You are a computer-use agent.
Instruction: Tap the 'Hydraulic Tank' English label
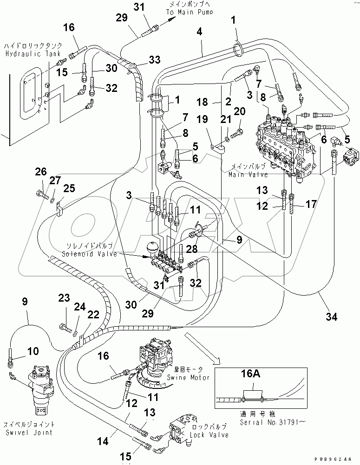coord(26,54)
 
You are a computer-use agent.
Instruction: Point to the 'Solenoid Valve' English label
coord(85,253)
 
